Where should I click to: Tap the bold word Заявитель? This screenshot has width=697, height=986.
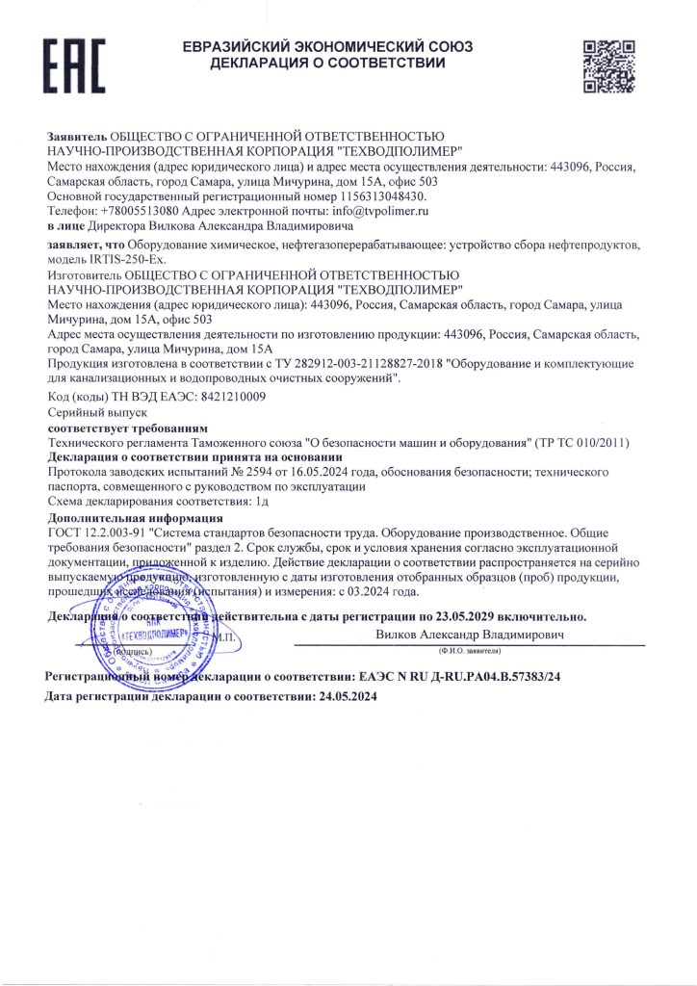(x=77, y=139)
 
